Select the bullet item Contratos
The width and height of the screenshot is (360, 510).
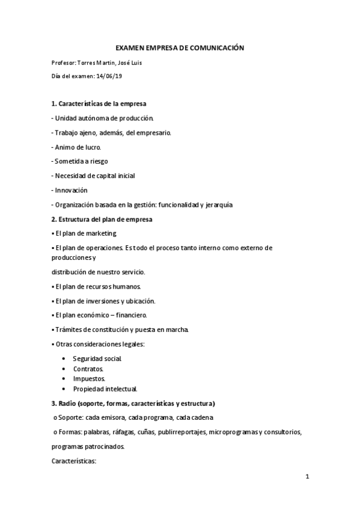(88, 368)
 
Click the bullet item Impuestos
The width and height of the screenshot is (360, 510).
(89, 378)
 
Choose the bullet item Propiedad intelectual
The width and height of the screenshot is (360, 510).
(105, 389)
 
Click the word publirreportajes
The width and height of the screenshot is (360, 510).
(182, 432)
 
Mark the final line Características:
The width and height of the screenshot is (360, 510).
(75, 461)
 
